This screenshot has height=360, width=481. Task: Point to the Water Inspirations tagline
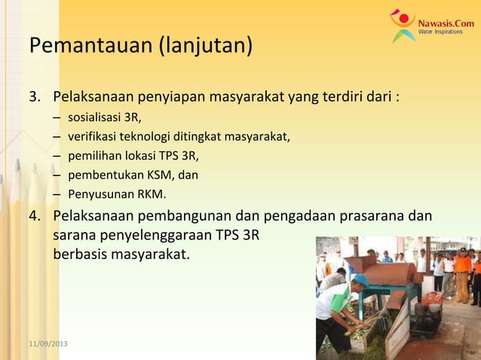coord(441,32)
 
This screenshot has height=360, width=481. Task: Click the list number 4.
coord(35,216)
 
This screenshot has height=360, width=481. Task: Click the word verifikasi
coord(90,137)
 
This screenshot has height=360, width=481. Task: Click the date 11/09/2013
coord(48,343)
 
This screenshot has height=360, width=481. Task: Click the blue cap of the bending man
coord(361,280)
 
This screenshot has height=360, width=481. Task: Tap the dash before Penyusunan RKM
coord(57,196)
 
